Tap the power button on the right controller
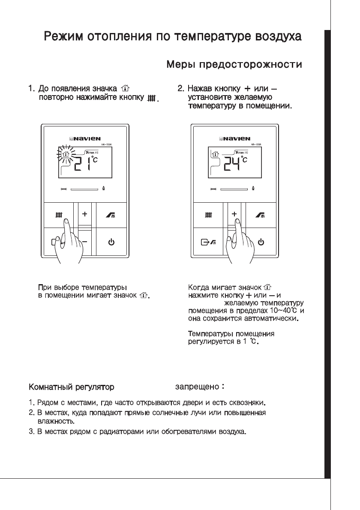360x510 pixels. coord(261,243)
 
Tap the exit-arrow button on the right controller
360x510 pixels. coord(208,243)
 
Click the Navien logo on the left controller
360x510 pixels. coord(85,138)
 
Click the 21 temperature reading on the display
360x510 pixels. coord(82,164)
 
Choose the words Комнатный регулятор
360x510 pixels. coord(71,387)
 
